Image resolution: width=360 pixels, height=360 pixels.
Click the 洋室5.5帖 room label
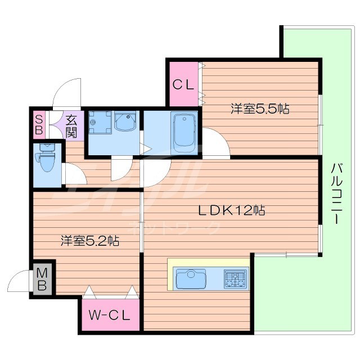tap(259, 109)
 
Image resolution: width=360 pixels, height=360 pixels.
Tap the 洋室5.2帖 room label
tap(90, 241)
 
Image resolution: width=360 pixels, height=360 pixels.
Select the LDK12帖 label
tap(231, 211)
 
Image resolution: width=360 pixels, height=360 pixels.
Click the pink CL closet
tap(183, 85)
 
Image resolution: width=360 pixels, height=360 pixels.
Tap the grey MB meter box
tap(43, 278)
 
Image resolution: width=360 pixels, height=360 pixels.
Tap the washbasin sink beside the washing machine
tap(126, 121)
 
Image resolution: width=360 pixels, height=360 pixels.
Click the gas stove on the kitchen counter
tap(235, 278)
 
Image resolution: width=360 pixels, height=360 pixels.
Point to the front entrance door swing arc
tap(66, 93)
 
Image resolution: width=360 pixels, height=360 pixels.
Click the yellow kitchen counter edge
tap(208, 263)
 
